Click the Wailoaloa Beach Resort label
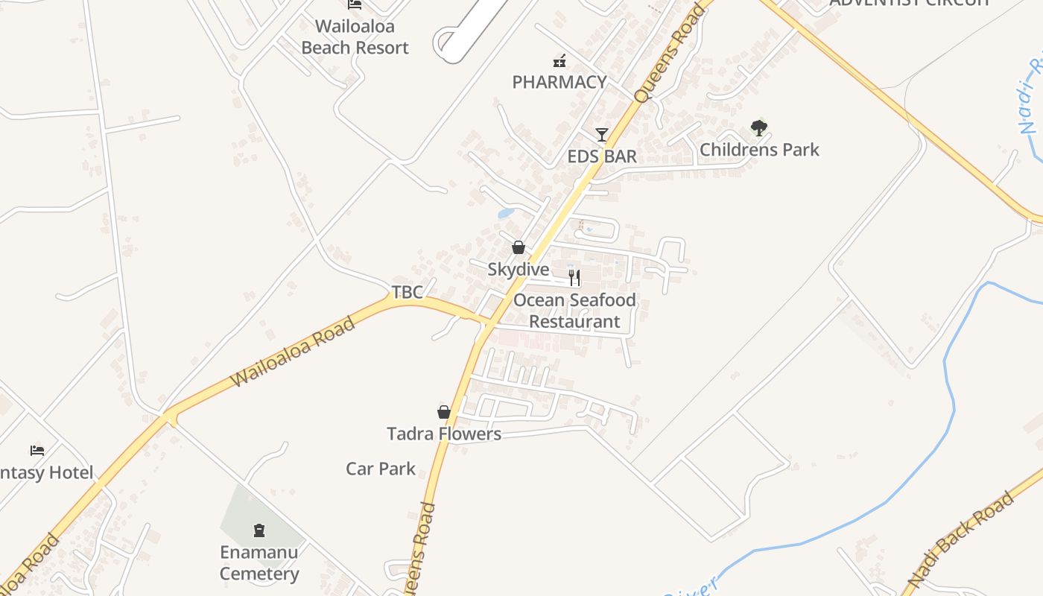pyautogui.click(x=355, y=37)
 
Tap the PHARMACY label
pyautogui.click(x=559, y=82)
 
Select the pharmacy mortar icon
pyautogui.click(x=559, y=61)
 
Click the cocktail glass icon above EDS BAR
pyautogui.click(x=602, y=135)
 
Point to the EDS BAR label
pyautogui.click(x=602, y=156)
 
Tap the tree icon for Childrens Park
pyautogui.click(x=759, y=128)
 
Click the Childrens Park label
pyautogui.click(x=759, y=150)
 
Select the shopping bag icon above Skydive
pyautogui.click(x=519, y=247)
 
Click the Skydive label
pyautogui.click(x=519, y=270)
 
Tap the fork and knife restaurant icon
pyautogui.click(x=574, y=278)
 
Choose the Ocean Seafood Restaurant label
pyautogui.click(x=574, y=311)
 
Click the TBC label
pyautogui.click(x=408, y=292)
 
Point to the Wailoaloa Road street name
pyautogui.click(x=293, y=352)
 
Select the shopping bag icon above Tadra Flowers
pyautogui.click(x=444, y=412)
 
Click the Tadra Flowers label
pyautogui.click(x=444, y=434)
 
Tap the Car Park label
pyautogui.click(x=381, y=469)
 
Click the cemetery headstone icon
pyautogui.click(x=259, y=530)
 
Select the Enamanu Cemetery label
pyautogui.click(x=259, y=563)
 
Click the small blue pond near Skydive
pyautogui.click(x=506, y=213)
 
